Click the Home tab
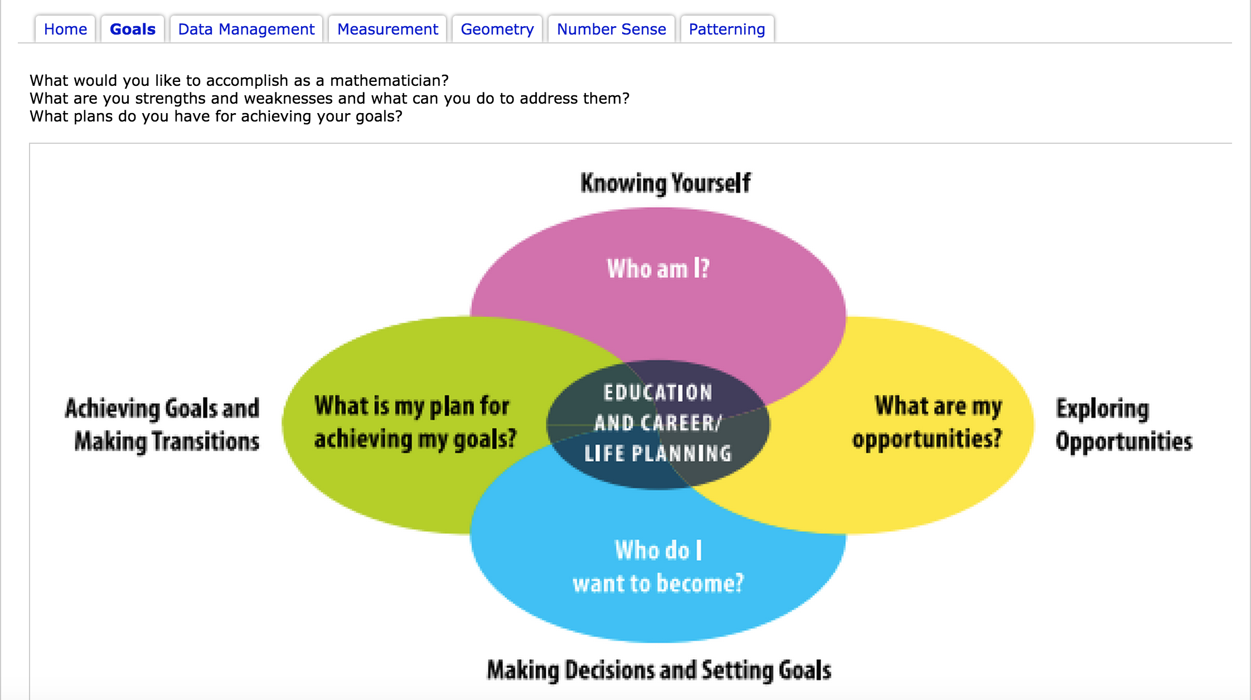(65, 29)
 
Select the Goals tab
(133, 29)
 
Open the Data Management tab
(246, 29)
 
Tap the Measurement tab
(387, 29)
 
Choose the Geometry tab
(497, 29)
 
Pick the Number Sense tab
(612, 29)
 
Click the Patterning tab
(727, 29)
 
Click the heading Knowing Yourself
(666, 183)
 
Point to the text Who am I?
(658, 269)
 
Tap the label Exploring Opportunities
(1124, 425)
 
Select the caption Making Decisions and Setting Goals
(659, 670)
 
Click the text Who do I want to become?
(658, 567)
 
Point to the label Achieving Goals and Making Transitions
(162, 425)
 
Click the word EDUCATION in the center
(658, 393)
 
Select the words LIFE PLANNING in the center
(658, 454)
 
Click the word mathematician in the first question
(389, 81)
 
